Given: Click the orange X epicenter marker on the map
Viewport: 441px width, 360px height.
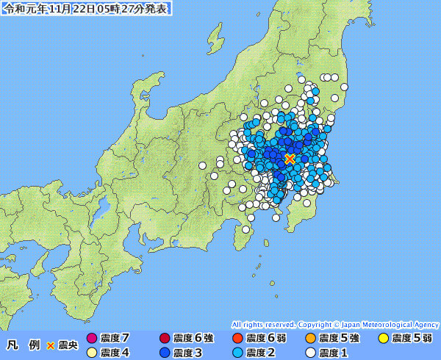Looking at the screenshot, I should (x=290, y=158).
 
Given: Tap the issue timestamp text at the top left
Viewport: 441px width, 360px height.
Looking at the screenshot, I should (x=87, y=9).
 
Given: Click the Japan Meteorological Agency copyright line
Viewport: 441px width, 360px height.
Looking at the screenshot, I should (x=335, y=324).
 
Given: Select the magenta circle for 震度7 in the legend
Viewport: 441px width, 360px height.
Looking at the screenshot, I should (x=92, y=338).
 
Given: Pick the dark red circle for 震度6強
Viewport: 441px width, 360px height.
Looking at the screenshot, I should (x=164, y=338).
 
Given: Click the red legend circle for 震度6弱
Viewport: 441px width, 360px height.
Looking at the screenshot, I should (x=237, y=338).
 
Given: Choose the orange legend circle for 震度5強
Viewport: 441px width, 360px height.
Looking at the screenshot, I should (x=310, y=338).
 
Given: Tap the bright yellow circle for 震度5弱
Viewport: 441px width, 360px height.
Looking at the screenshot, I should (x=383, y=338).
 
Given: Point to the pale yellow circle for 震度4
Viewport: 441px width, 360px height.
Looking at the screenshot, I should (x=92, y=353).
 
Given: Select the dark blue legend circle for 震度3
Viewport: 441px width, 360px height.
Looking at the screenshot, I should (x=164, y=353).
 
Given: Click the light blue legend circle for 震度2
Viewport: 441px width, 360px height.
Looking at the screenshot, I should (x=237, y=353).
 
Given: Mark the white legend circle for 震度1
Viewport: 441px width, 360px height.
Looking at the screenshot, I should (x=310, y=353).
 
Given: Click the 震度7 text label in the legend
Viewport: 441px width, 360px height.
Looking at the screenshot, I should (x=115, y=338).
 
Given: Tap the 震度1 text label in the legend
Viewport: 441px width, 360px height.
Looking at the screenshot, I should (x=334, y=353).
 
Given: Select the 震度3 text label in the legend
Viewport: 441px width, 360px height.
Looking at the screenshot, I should (x=187, y=353).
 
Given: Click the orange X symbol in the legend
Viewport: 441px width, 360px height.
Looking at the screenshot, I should (x=50, y=345).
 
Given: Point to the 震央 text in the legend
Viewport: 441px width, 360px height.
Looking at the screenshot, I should (x=68, y=345).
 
